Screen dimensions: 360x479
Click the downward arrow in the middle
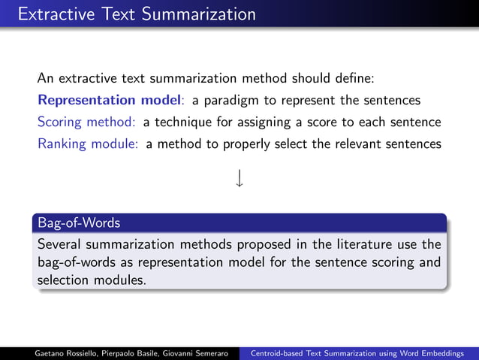[239, 179]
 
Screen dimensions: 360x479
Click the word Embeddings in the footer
[447, 352]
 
